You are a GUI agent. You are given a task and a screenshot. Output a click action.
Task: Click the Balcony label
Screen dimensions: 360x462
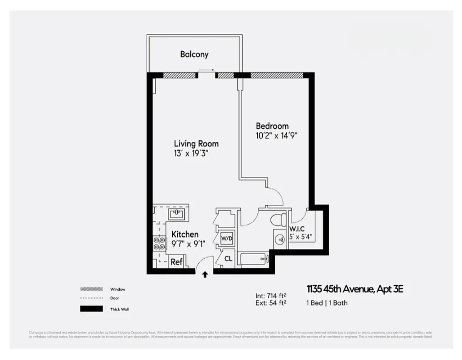click(194, 54)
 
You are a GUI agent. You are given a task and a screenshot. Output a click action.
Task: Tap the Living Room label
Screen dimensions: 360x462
click(196, 144)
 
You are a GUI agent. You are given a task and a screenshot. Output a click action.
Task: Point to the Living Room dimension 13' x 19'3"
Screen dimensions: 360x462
click(191, 153)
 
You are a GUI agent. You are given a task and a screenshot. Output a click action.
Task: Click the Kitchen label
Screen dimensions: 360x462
click(185, 234)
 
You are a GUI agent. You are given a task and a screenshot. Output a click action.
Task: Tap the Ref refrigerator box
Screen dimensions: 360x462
click(176, 262)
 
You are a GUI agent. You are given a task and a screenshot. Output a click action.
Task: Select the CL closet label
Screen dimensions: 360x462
click(228, 259)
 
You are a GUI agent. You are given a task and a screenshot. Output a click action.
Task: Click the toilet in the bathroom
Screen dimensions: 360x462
click(279, 220)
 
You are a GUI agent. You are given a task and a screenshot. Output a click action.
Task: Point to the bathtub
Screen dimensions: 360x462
click(253, 259)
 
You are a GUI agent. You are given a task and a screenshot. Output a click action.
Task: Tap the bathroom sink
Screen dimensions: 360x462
click(279, 239)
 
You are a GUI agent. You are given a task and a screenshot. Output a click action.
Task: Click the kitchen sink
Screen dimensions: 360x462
click(176, 212)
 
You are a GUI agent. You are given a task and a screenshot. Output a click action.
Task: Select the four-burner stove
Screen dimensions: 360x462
click(159, 243)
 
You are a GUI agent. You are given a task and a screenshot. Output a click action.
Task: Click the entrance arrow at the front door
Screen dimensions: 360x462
click(205, 274)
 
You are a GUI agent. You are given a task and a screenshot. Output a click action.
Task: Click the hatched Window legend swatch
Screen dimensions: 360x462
click(91, 289)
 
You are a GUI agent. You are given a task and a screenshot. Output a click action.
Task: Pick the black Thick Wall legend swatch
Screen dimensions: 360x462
click(91, 309)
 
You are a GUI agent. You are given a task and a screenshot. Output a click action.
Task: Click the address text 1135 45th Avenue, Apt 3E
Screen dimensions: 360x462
click(354, 289)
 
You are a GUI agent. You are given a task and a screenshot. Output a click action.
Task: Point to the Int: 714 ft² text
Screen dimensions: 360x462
click(271, 296)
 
